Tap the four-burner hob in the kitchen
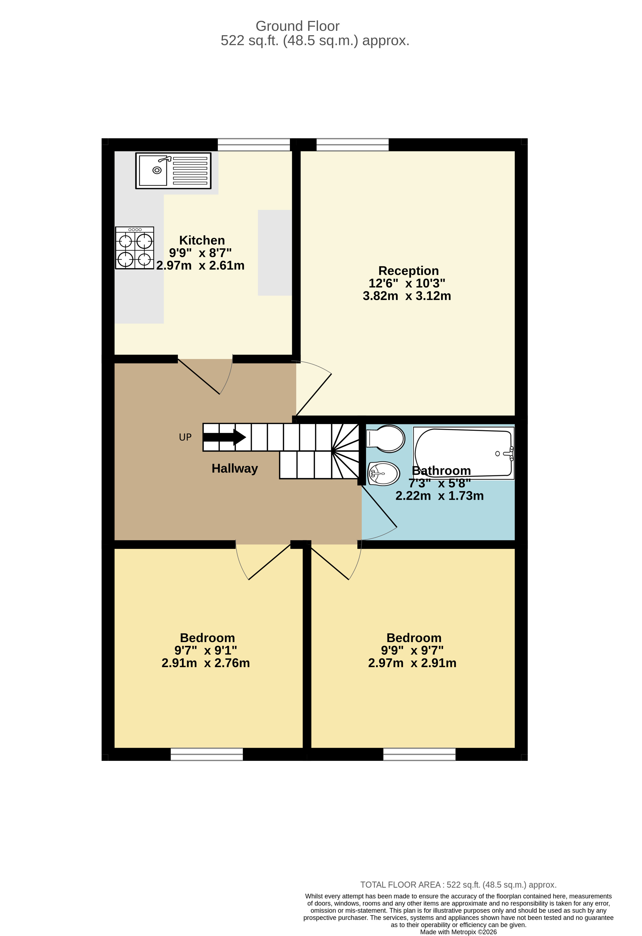coord(134,248)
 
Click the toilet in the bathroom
coord(386,439)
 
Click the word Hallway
coord(235,468)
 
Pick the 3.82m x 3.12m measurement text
coord(406,296)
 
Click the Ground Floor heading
coord(297,26)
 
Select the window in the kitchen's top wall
coord(254,145)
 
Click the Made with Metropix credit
coord(458,932)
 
